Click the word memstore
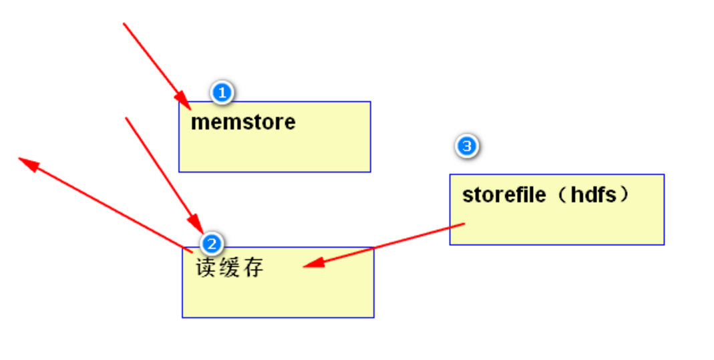(x=243, y=122)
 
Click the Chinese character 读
(x=206, y=268)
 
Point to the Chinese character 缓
(x=229, y=268)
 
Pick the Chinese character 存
(x=253, y=268)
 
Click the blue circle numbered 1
(x=222, y=92)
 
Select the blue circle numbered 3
(x=467, y=146)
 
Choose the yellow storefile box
(x=556, y=224)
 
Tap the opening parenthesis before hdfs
(x=560, y=195)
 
